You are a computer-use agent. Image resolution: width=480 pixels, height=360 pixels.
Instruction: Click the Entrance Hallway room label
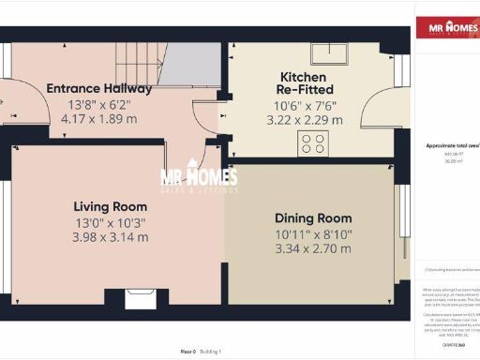(x=99, y=88)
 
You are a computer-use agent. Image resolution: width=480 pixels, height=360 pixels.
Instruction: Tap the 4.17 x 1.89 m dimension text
(x=99, y=119)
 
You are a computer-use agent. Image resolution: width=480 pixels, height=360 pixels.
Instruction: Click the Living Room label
(x=111, y=206)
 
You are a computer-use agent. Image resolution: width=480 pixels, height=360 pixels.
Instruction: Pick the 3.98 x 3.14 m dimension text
(x=111, y=237)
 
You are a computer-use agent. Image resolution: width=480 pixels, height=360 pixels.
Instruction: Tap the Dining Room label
(x=312, y=217)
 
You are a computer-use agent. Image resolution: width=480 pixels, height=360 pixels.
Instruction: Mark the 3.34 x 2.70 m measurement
(x=312, y=248)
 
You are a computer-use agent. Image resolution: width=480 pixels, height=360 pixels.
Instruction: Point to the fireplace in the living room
(x=142, y=300)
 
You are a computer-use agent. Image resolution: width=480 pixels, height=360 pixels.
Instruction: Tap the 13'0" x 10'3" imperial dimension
(x=111, y=222)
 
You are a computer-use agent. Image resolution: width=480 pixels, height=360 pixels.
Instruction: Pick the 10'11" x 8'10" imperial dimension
(x=312, y=232)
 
